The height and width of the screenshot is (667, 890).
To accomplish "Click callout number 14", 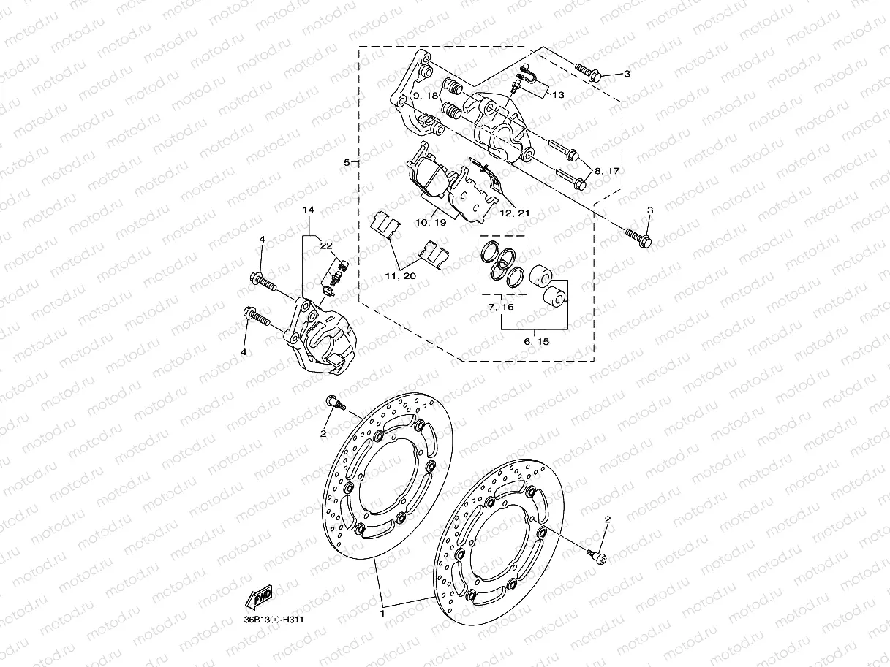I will pos(309,210).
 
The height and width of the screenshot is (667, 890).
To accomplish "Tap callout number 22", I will pos(325,245).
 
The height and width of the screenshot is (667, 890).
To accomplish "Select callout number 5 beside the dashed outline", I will pos(347,162).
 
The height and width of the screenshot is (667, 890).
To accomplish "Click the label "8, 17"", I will pos(607,170).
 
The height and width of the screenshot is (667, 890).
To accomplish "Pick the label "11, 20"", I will pos(401,275).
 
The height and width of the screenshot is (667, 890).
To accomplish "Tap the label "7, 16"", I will pos(501,308).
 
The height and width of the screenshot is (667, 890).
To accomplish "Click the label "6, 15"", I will pos(536,341).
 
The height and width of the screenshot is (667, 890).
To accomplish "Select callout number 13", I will pos(558,95).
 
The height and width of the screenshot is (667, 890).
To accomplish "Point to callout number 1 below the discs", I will pos(382,614).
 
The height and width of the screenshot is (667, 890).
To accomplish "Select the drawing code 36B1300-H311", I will pos(274,620).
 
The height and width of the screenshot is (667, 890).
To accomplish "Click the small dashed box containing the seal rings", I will pos(502,266).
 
